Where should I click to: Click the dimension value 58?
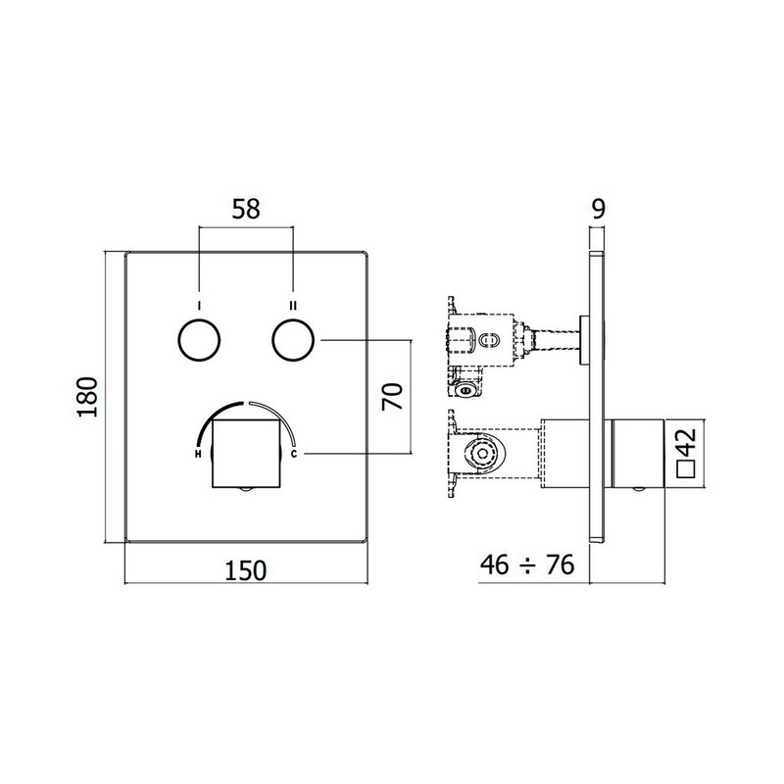246,209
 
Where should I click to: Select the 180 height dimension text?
87,397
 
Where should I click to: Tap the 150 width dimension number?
246,570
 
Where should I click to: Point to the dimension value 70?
392,397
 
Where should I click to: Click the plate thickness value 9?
599,209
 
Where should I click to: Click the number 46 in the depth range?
495,565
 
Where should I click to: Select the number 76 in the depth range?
560,565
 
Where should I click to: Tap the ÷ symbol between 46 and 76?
527,566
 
